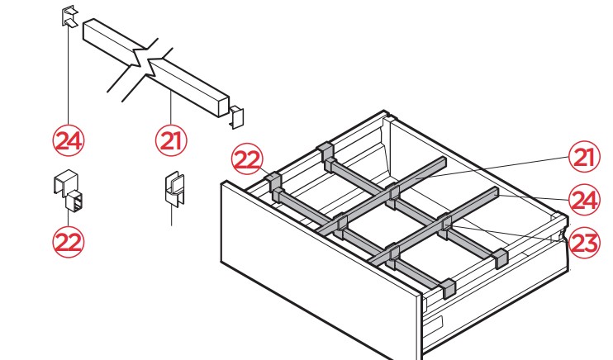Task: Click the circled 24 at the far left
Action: (69, 140)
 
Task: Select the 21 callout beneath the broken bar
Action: (171, 140)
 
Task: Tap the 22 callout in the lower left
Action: (69, 242)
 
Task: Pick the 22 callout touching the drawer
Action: (248, 159)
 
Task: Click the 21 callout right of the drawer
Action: (584, 157)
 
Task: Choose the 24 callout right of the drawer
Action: (584, 200)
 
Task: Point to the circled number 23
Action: (584, 243)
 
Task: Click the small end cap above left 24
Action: (70, 17)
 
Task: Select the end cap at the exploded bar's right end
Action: (236, 117)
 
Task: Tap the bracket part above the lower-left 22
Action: (69, 191)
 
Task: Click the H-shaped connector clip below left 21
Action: (174, 189)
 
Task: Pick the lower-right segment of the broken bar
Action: (188, 87)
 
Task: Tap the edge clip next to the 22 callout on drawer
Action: (274, 182)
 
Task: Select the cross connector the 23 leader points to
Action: (445, 226)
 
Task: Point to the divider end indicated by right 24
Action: (495, 192)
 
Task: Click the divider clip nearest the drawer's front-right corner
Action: (449, 288)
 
